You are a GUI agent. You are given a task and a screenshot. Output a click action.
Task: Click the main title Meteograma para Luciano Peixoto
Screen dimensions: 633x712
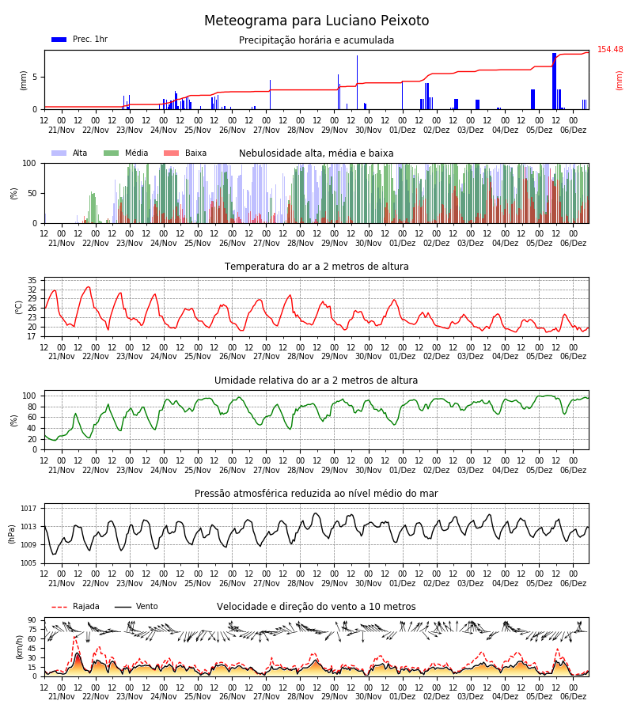pos(316,21)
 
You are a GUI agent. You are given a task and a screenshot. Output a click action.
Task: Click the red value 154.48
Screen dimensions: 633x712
pos(610,50)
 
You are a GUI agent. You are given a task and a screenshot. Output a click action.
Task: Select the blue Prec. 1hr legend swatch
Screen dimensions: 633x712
pos(59,40)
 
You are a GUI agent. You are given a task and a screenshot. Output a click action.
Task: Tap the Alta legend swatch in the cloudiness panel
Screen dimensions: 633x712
pos(59,153)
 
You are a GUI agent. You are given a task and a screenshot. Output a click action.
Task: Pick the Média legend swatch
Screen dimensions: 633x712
pos(112,153)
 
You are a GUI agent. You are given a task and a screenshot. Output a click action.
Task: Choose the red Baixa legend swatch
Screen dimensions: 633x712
pos(171,153)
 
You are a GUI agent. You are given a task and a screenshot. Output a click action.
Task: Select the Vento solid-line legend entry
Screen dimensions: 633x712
pos(136,607)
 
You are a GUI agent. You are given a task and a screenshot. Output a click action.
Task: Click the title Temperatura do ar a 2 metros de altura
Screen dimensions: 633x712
pos(316,267)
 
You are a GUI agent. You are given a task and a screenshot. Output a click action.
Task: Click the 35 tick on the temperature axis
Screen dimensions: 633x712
pos(32,280)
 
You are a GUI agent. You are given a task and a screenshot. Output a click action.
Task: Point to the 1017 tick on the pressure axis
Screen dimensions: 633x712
pos(28,509)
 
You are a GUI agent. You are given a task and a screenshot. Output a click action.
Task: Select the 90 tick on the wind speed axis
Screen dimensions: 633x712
pos(32,620)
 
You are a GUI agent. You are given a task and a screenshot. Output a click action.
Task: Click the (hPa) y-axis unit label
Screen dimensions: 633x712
pos(12,535)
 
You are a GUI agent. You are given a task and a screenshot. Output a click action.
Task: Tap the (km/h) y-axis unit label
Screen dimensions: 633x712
pos(19,647)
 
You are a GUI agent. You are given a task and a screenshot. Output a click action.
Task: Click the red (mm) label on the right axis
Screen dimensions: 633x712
pos(619,81)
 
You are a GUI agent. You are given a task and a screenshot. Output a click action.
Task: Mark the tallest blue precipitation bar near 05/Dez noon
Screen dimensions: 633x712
pos(554,81)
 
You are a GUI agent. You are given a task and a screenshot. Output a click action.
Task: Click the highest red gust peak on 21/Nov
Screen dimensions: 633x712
pos(75,637)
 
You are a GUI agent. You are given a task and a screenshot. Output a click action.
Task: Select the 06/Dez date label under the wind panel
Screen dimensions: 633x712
pos(573,696)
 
